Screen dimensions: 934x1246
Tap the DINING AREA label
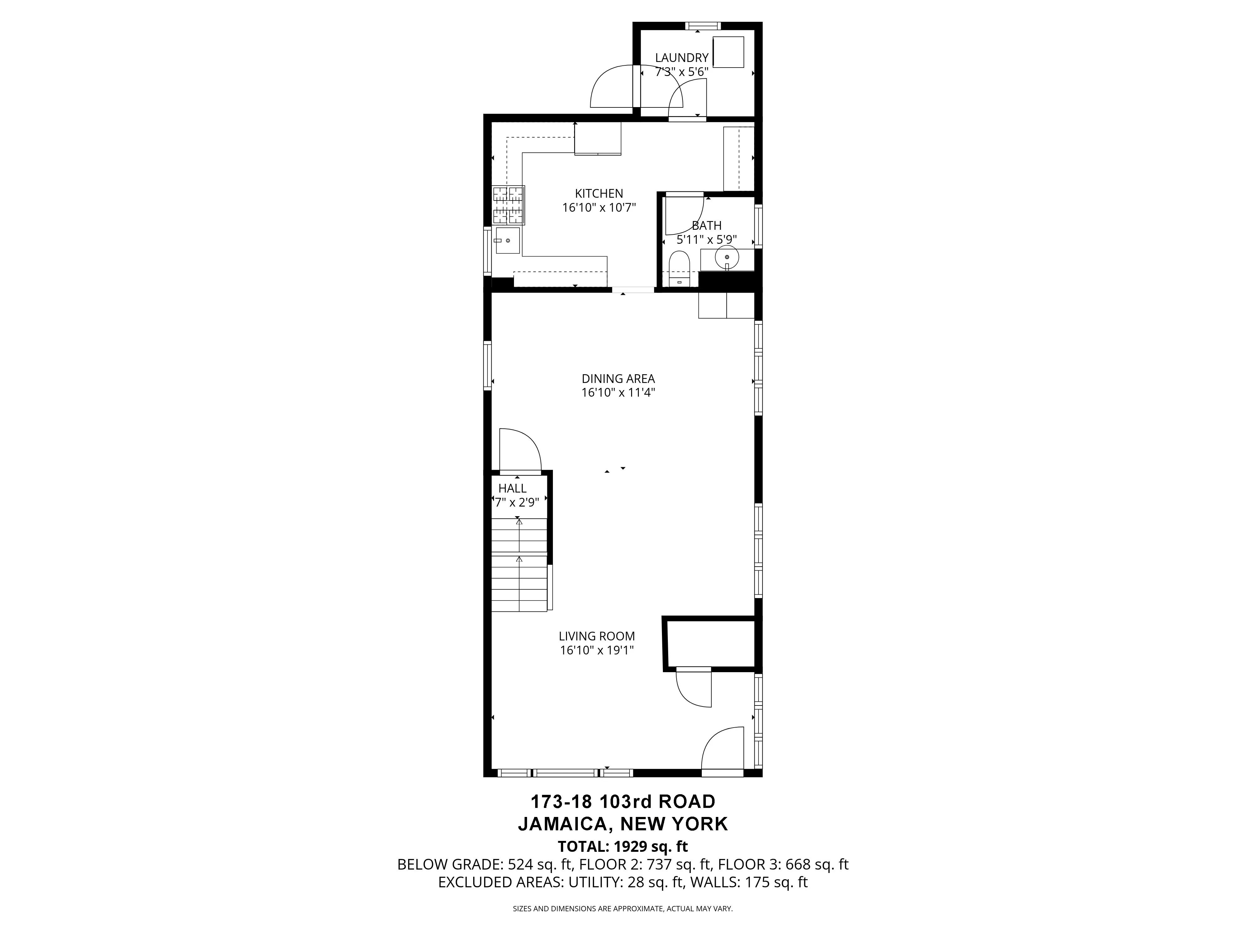[618, 379]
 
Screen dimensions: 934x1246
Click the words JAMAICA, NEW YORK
[622, 824]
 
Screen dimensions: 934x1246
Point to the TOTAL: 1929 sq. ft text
[622, 846]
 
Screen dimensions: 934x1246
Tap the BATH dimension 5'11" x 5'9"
[706, 240]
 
